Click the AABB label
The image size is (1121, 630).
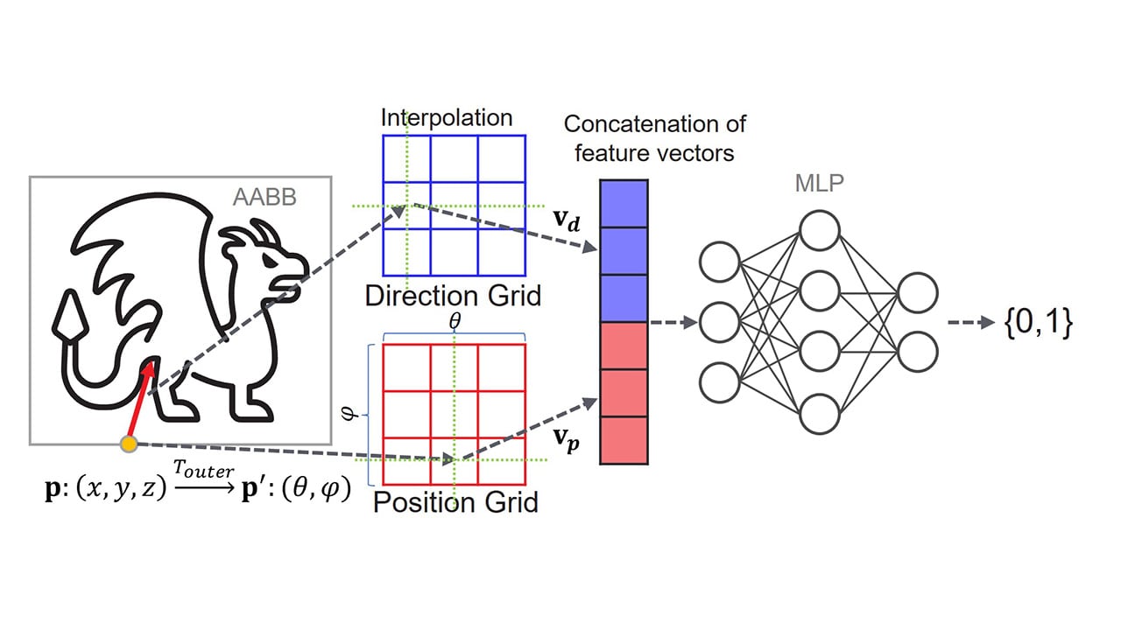tap(264, 197)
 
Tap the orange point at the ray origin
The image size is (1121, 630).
tap(129, 444)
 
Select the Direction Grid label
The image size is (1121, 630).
tap(453, 296)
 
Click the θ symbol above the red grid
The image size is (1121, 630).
tap(454, 321)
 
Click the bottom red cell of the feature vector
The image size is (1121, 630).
tap(623, 439)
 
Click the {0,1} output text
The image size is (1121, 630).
tap(1040, 323)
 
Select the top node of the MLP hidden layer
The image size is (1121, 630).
tap(820, 231)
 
